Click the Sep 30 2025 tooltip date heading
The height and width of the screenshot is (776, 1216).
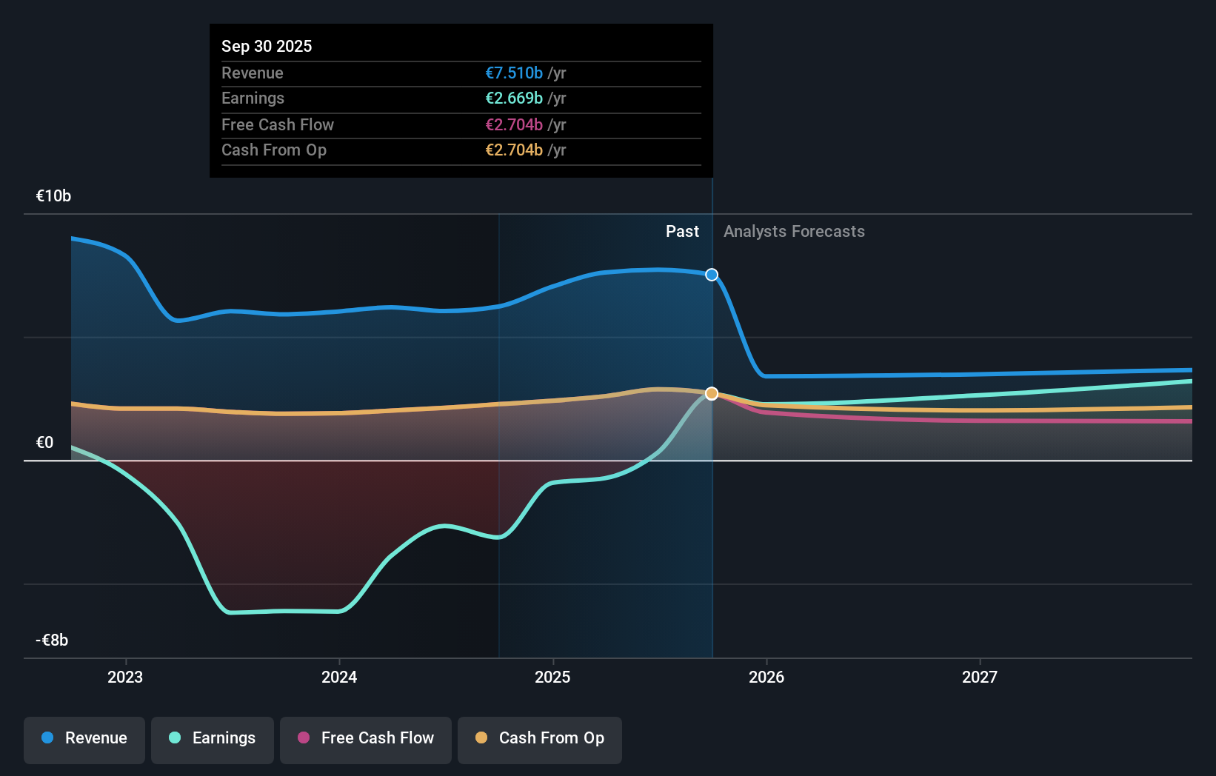(267, 46)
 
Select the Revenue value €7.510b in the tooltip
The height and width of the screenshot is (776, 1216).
(514, 73)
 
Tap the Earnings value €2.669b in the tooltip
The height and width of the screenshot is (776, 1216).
(514, 98)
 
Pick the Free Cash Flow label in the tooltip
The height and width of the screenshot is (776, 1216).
(278, 124)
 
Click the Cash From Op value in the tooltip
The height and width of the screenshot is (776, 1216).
(514, 150)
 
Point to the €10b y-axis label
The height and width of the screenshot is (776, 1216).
(53, 195)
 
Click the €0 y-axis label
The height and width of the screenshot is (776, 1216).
(44, 442)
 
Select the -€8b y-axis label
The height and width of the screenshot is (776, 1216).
(52, 640)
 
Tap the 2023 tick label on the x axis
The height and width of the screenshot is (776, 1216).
(125, 677)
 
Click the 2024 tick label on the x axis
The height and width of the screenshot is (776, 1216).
(339, 677)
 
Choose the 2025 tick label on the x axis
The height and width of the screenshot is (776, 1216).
(552, 677)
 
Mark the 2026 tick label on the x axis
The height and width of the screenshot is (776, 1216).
(766, 677)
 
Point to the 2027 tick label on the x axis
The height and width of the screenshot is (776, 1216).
(980, 677)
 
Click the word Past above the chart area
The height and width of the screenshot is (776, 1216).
(682, 231)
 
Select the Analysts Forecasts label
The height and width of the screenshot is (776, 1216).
(794, 231)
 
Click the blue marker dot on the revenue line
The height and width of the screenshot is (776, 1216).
(712, 275)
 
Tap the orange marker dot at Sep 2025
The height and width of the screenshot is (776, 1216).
(712, 393)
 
